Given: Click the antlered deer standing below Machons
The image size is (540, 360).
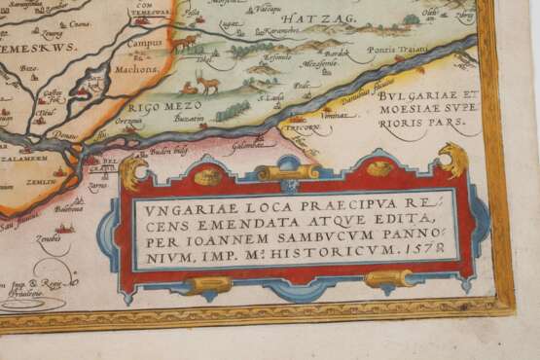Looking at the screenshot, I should point(207,81).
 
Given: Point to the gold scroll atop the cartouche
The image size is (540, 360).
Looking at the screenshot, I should point(287,172).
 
